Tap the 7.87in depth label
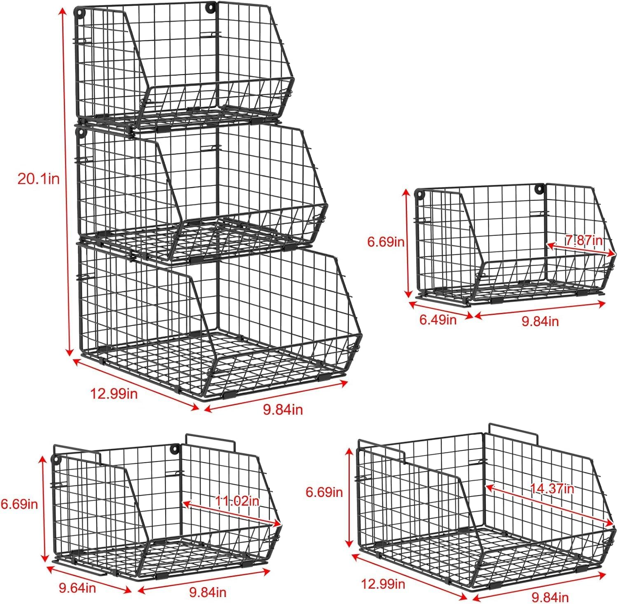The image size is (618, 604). (584, 240)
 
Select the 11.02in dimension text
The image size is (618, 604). (237, 501)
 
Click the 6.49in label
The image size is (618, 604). (438, 319)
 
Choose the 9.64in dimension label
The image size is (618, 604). (77, 588)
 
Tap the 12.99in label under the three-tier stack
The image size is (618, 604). (114, 394)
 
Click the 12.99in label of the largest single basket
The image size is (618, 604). (383, 583)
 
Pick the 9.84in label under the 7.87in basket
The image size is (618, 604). (540, 321)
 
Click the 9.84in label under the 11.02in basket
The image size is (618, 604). (208, 592)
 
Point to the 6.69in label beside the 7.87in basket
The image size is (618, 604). (386, 242)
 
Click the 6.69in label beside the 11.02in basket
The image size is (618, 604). (19, 504)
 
